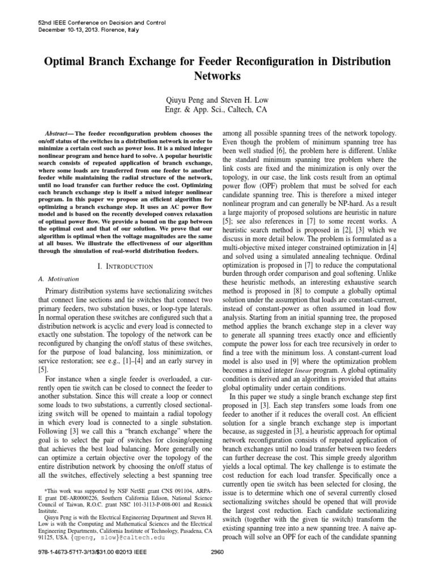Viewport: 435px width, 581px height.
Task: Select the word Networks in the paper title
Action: (217, 75)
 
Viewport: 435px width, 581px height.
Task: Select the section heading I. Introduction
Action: (122, 266)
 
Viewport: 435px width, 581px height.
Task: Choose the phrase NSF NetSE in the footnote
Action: (129, 489)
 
